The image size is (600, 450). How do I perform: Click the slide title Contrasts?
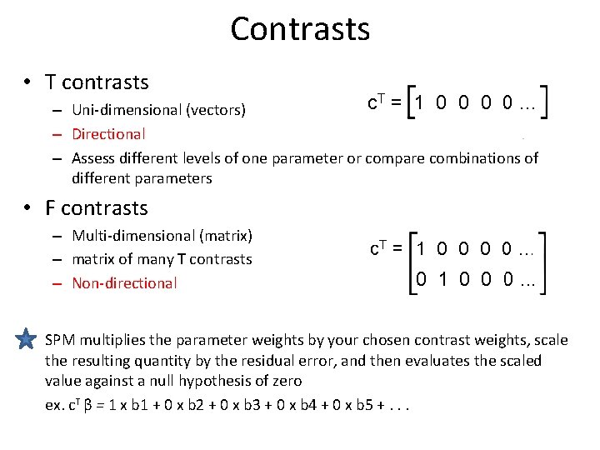coord(300,29)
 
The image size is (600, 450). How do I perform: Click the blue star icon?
coord(27,339)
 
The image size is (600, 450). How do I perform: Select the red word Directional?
coord(108,133)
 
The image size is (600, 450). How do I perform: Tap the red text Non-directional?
coord(124,283)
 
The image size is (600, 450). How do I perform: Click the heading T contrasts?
coord(97,82)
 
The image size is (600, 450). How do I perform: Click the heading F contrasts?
coord(97,208)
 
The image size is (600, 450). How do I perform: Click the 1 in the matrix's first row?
coord(422,249)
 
